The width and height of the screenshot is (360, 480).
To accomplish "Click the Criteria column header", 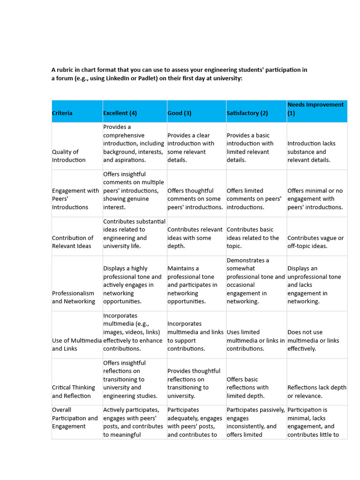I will pyautogui.click(x=62, y=113).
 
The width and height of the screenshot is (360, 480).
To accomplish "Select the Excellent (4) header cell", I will pyautogui.click(x=120, y=113).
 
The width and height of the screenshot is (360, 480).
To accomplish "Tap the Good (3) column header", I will pyautogui.click(x=180, y=113).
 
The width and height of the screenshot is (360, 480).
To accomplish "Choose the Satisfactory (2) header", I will pyautogui.click(x=247, y=113).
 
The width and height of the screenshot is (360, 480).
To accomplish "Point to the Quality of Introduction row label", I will pyautogui.click(x=69, y=156).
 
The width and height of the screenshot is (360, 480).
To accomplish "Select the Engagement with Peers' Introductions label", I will pyautogui.click(x=75, y=199).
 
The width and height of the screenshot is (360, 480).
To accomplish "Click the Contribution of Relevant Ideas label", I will pyautogui.click(x=73, y=242).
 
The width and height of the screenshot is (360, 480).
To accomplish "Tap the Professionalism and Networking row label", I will pyautogui.click(x=74, y=297).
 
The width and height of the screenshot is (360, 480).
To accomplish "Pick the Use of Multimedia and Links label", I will pyautogui.click(x=77, y=345).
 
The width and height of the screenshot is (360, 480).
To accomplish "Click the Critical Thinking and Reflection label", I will pyautogui.click(x=74, y=391).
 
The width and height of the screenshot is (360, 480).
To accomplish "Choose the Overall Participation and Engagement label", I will pyautogui.click(x=75, y=418).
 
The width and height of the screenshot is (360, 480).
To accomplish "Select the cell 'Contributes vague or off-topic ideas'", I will pyautogui.click(x=315, y=242).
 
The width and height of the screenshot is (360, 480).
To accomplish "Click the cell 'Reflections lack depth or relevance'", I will pyautogui.click(x=317, y=391).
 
